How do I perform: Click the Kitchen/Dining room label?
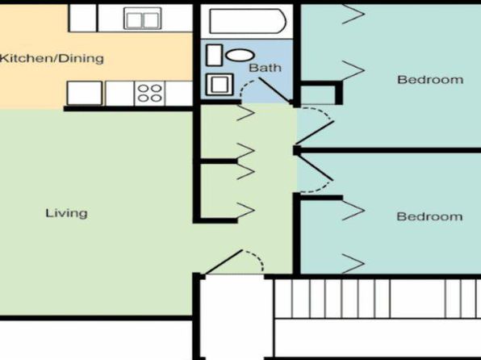coord(52,58)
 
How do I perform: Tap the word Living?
coord(66,213)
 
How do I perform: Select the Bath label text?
coord(265,68)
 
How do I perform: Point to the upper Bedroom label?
coord(430,80)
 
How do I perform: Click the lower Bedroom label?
coord(429,216)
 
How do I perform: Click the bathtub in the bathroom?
coord(248,21)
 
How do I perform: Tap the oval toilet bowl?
coord(240,55)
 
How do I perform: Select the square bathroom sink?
coord(220,85)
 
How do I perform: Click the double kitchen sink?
coord(142,19)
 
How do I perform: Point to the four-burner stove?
coord(149,94)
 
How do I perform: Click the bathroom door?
coord(274,90)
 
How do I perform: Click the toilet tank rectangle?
coord(215,55)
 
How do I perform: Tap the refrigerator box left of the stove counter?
coord(85,93)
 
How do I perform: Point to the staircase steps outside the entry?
coord(378,299)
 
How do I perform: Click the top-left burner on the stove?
coord(144,89)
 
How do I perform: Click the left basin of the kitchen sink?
coord(134,20)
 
